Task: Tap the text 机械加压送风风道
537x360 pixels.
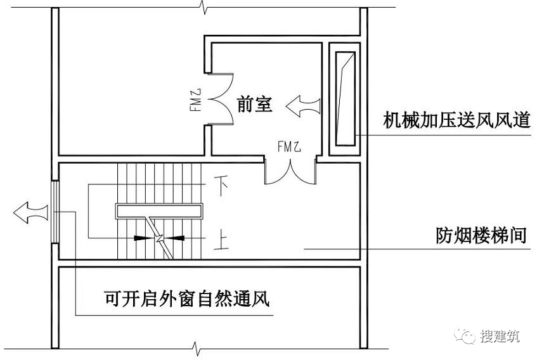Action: tap(457, 120)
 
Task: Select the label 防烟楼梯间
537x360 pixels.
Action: tap(482, 235)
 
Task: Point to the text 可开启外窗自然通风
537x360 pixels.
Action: tap(187, 297)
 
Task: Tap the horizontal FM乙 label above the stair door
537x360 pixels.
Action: tap(290, 147)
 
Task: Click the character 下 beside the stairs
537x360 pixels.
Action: tap(222, 186)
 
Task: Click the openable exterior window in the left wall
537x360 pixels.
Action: tap(55, 212)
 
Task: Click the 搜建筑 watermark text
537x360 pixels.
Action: tap(500, 337)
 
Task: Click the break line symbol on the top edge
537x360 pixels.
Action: tap(202, 8)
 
